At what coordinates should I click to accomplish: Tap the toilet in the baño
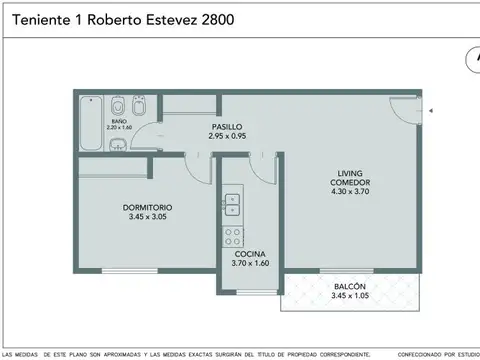tap(118, 106)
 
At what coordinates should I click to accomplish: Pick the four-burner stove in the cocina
tap(231, 237)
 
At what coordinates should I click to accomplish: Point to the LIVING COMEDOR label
tap(348, 188)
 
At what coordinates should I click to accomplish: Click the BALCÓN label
tap(349, 287)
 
